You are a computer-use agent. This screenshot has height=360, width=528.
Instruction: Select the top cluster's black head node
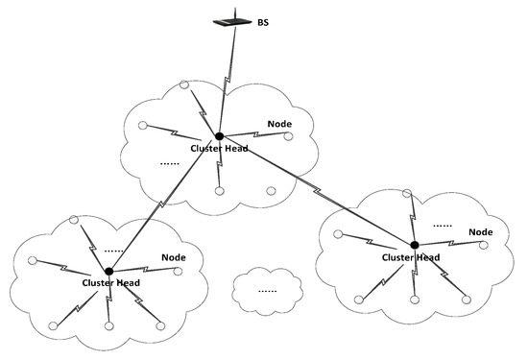click(x=220, y=136)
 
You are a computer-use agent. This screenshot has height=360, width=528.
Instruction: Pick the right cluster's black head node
click(x=415, y=244)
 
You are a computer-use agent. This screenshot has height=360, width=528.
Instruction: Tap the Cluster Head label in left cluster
click(x=119, y=283)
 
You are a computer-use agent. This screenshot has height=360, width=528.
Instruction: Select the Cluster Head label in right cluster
click(x=411, y=258)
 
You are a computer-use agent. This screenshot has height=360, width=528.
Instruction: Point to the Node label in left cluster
click(x=174, y=257)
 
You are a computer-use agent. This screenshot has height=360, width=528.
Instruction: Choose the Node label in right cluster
click(x=480, y=231)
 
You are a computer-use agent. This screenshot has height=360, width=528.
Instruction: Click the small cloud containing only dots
click(x=268, y=288)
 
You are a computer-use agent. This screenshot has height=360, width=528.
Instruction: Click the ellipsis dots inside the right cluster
click(x=443, y=226)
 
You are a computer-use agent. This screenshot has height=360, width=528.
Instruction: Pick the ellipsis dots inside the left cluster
click(x=113, y=251)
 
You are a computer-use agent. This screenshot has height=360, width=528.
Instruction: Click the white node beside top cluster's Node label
click(x=291, y=134)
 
